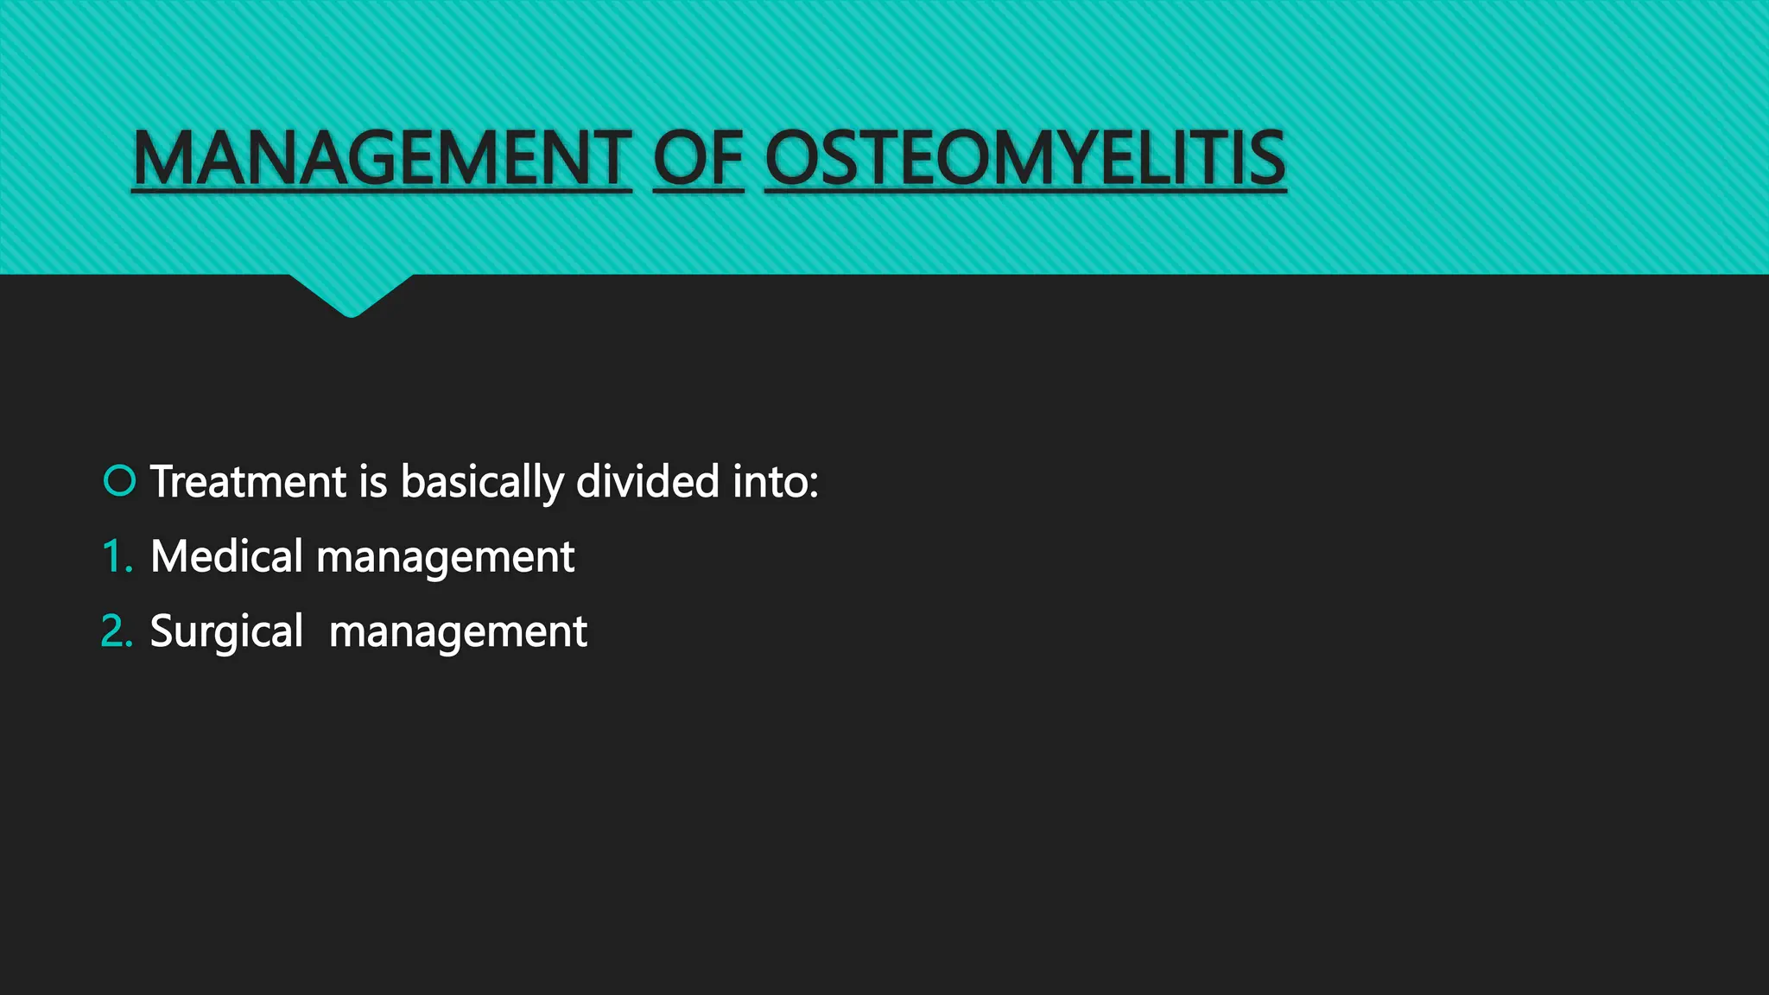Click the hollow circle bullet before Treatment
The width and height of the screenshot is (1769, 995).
point(119,480)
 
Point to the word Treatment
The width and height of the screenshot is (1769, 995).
point(248,481)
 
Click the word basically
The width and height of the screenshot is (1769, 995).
point(482,483)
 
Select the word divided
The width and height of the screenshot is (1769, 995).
point(647,481)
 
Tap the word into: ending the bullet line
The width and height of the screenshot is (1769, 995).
point(775,481)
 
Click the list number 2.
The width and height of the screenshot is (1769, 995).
point(115,631)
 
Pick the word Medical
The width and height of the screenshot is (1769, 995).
point(226,556)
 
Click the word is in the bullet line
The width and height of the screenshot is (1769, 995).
point(373,481)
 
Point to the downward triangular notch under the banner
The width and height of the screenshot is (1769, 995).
point(351,295)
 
